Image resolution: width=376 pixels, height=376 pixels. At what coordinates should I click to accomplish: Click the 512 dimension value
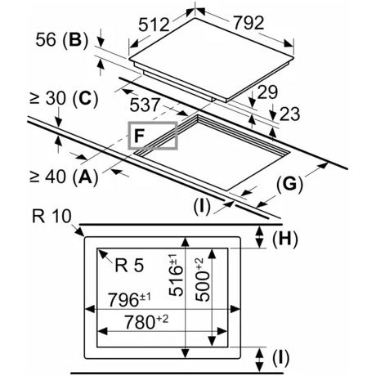[x=154, y=25]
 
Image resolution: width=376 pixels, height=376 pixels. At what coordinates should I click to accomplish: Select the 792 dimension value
[x=248, y=23]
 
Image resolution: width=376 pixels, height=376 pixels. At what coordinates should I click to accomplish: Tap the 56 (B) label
[x=62, y=40]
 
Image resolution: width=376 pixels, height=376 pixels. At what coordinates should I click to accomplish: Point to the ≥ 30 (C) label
[x=64, y=99]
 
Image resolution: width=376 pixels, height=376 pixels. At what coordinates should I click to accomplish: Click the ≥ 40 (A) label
[x=64, y=177]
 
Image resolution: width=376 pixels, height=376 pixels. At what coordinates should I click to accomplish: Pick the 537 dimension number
[x=145, y=105]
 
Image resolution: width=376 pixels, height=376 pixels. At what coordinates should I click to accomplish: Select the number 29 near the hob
[x=267, y=92]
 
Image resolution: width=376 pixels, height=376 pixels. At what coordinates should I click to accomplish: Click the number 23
[x=289, y=114]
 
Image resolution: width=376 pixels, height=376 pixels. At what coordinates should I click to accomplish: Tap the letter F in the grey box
[x=139, y=136]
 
